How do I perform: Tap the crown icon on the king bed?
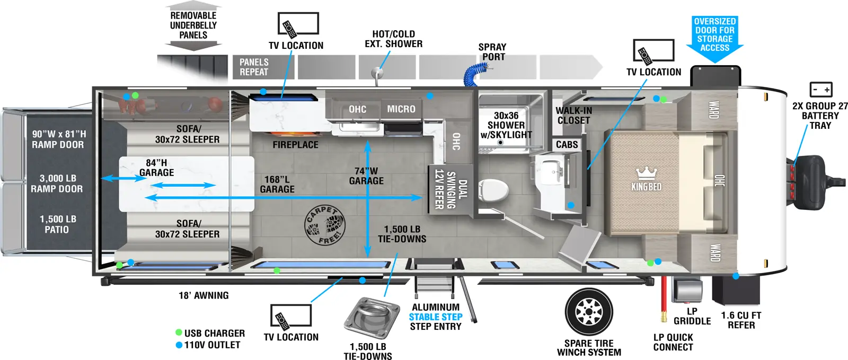tap(646, 173)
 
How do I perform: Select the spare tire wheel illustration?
tap(589, 312)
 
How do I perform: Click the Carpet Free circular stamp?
tap(324, 225)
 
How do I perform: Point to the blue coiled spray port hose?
tap(475, 74)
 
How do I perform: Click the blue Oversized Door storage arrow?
tap(714, 38)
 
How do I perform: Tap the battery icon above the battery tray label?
tap(821, 89)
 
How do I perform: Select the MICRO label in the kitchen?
tap(401, 109)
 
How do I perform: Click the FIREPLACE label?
tap(295, 145)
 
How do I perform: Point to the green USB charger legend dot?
tap(179, 333)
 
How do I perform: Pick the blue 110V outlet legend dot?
tap(179, 345)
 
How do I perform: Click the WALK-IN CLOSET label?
tap(573, 116)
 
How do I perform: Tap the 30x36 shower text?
tap(506, 125)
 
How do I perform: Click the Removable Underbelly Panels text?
tap(193, 25)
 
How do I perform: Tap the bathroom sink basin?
tap(552, 169)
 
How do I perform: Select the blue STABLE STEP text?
tap(435, 317)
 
